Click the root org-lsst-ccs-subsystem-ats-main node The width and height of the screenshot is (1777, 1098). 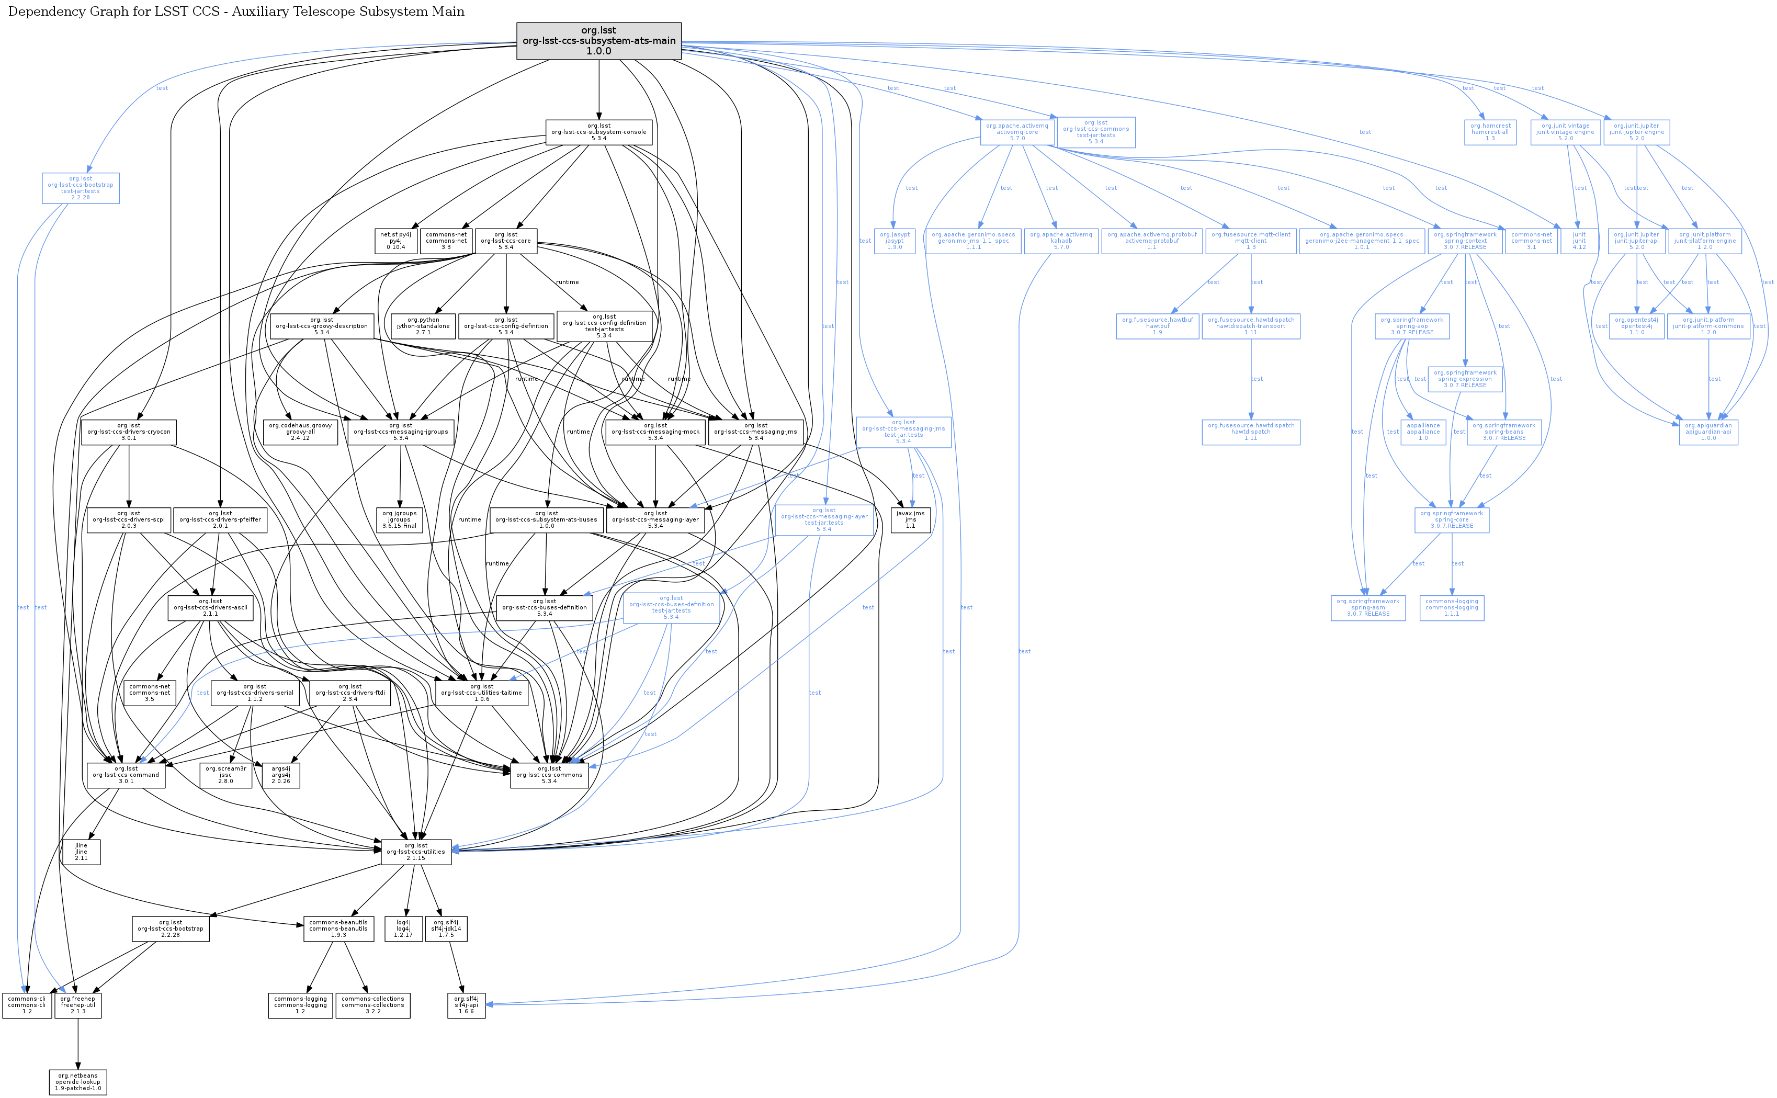(x=598, y=41)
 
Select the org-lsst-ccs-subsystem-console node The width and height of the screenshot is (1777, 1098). (x=598, y=132)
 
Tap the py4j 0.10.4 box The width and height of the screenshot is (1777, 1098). (x=396, y=241)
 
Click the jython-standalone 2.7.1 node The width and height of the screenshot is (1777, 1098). (x=423, y=326)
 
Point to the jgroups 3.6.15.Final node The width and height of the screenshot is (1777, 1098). (x=400, y=520)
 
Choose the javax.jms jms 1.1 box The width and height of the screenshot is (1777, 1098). (x=910, y=520)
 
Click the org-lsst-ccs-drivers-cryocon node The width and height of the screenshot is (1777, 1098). (x=129, y=432)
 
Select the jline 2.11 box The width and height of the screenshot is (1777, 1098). (x=81, y=852)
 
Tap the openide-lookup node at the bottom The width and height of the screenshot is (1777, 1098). (x=78, y=1082)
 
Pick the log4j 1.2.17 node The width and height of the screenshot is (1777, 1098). (x=403, y=929)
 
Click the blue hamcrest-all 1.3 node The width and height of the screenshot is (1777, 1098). (x=1490, y=132)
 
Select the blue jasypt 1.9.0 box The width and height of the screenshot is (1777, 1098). (x=894, y=241)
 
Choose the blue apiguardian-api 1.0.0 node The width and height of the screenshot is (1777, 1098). (x=1708, y=432)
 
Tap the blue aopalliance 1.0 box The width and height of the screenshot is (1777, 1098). (x=1423, y=432)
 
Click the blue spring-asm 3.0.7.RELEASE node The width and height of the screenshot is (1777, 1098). (x=1367, y=608)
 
